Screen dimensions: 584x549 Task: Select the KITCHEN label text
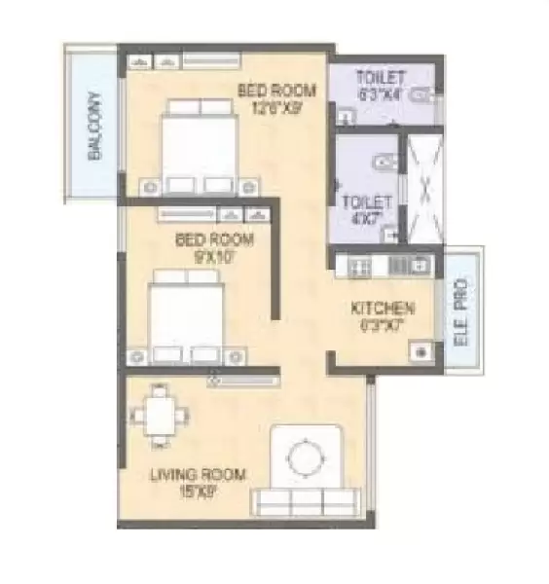[x=384, y=309]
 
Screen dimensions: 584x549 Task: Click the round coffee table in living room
[x=305, y=456]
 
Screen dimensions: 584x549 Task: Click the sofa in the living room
[x=303, y=501]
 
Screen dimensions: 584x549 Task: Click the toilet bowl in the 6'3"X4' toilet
[x=419, y=98]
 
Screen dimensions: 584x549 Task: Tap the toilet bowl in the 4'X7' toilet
[x=385, y=163]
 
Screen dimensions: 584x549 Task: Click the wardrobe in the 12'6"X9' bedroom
[x=156, y=62]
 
